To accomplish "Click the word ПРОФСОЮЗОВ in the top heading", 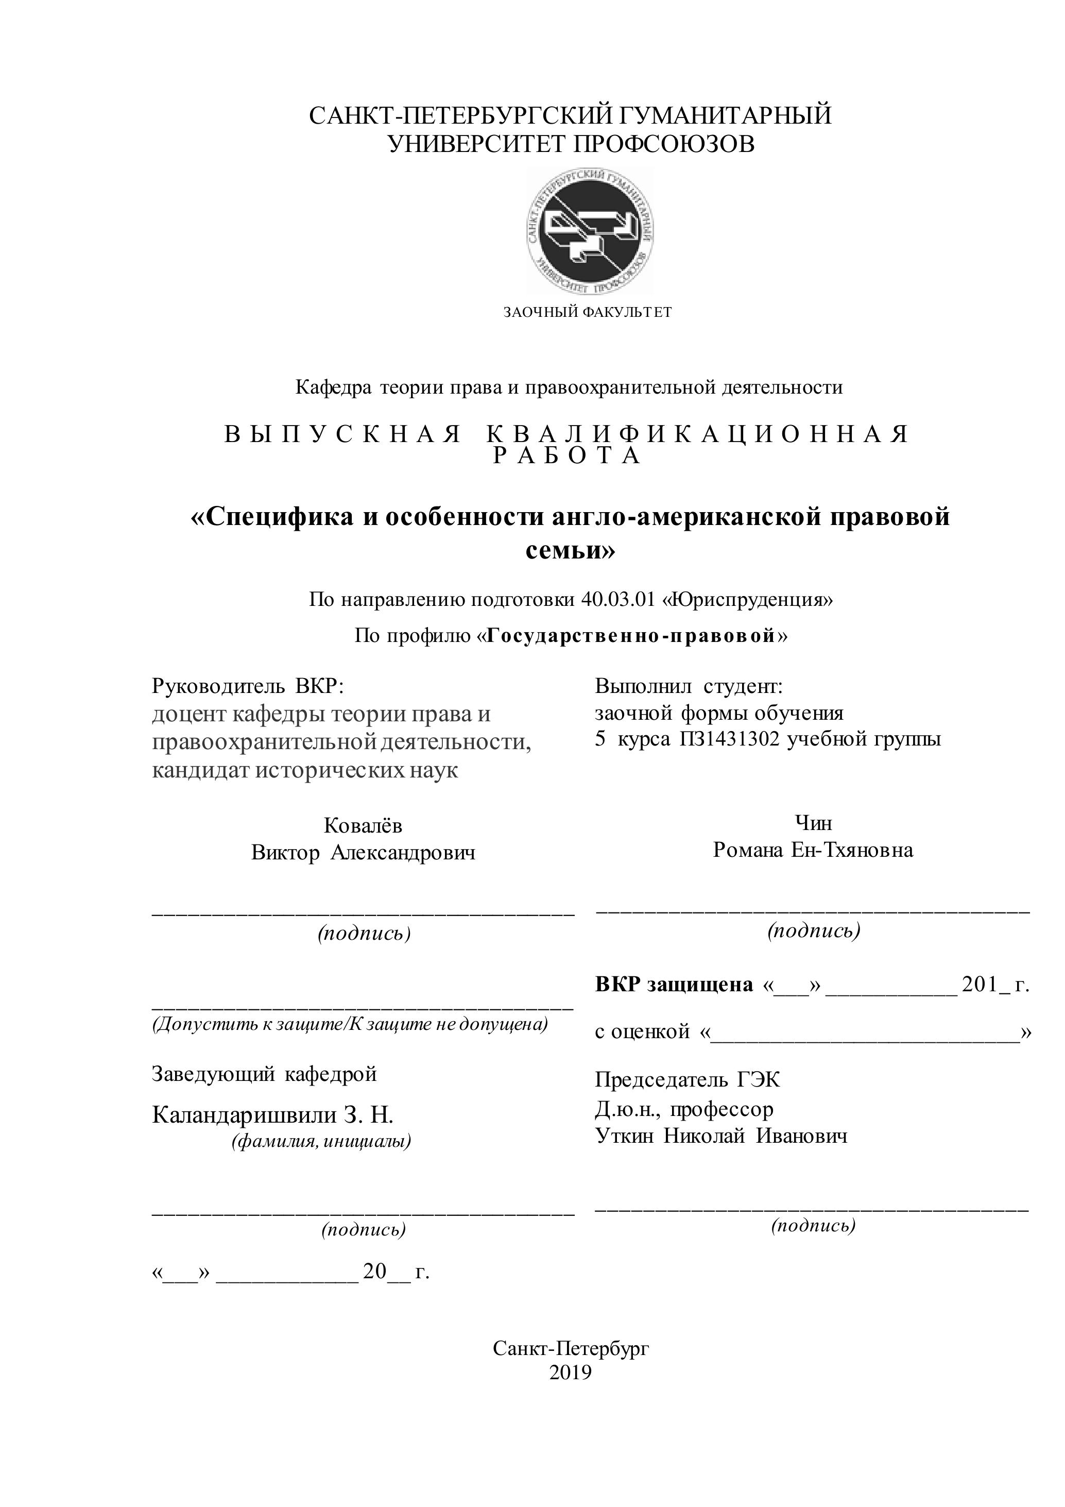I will pos(664,144).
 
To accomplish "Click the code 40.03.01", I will pos(617,599).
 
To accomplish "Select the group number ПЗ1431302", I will pos(729,740).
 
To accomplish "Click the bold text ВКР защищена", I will pos(674,985).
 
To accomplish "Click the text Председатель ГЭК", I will pos(687,1080).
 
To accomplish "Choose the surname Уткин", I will pos(624,1136).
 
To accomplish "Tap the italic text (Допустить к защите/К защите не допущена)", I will pos(350,1024).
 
